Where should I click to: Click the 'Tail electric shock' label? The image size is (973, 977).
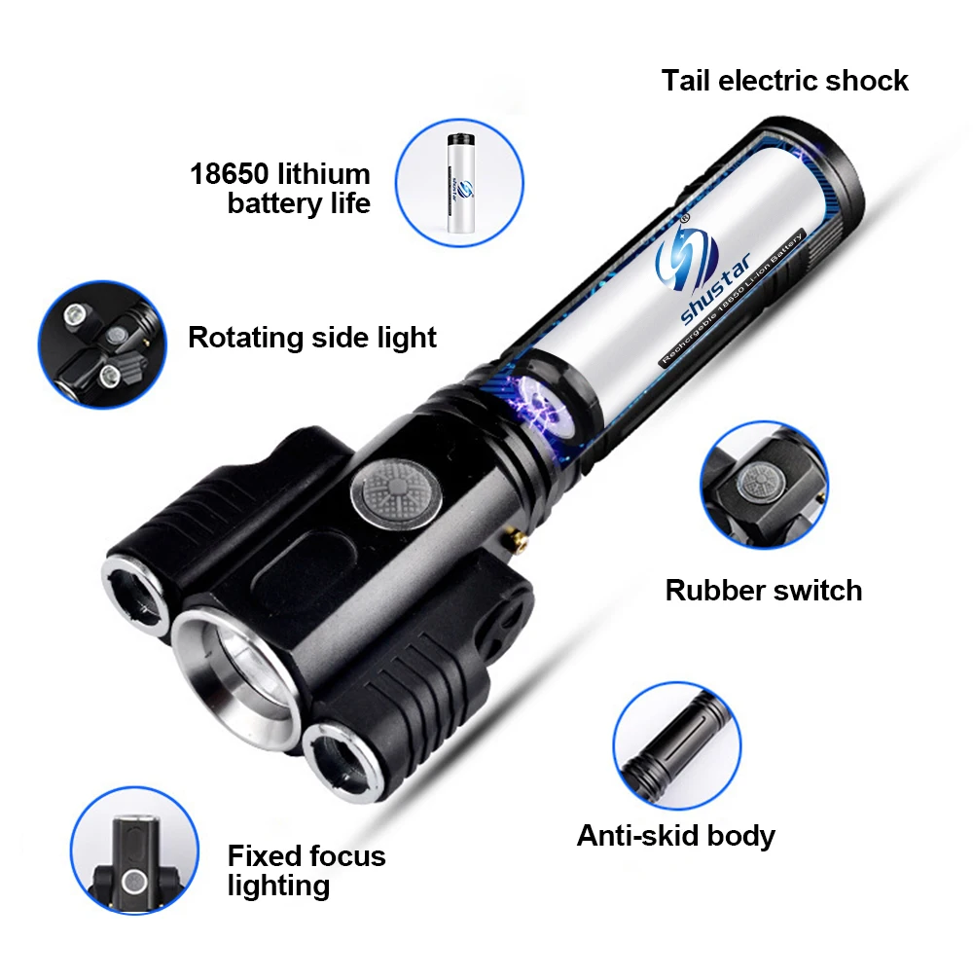click(x=784, y=80)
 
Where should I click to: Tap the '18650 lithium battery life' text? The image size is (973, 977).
click(x=280, y=189)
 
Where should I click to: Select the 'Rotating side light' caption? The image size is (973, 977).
click(x=312, y=338)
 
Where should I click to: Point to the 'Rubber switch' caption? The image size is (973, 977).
click(x=764, y=590)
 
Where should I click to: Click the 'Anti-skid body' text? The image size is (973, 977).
click(x=676, y=835)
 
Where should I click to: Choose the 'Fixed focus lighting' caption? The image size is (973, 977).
click(x=306, y=870)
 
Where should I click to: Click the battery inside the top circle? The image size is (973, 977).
click(x=462, y=188)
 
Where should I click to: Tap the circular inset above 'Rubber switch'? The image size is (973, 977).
click(x=764, y=484)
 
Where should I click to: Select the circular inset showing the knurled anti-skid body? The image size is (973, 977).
click(x=676, y=742)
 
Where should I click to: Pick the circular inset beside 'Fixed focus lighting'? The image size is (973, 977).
click(x=134, y=850)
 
